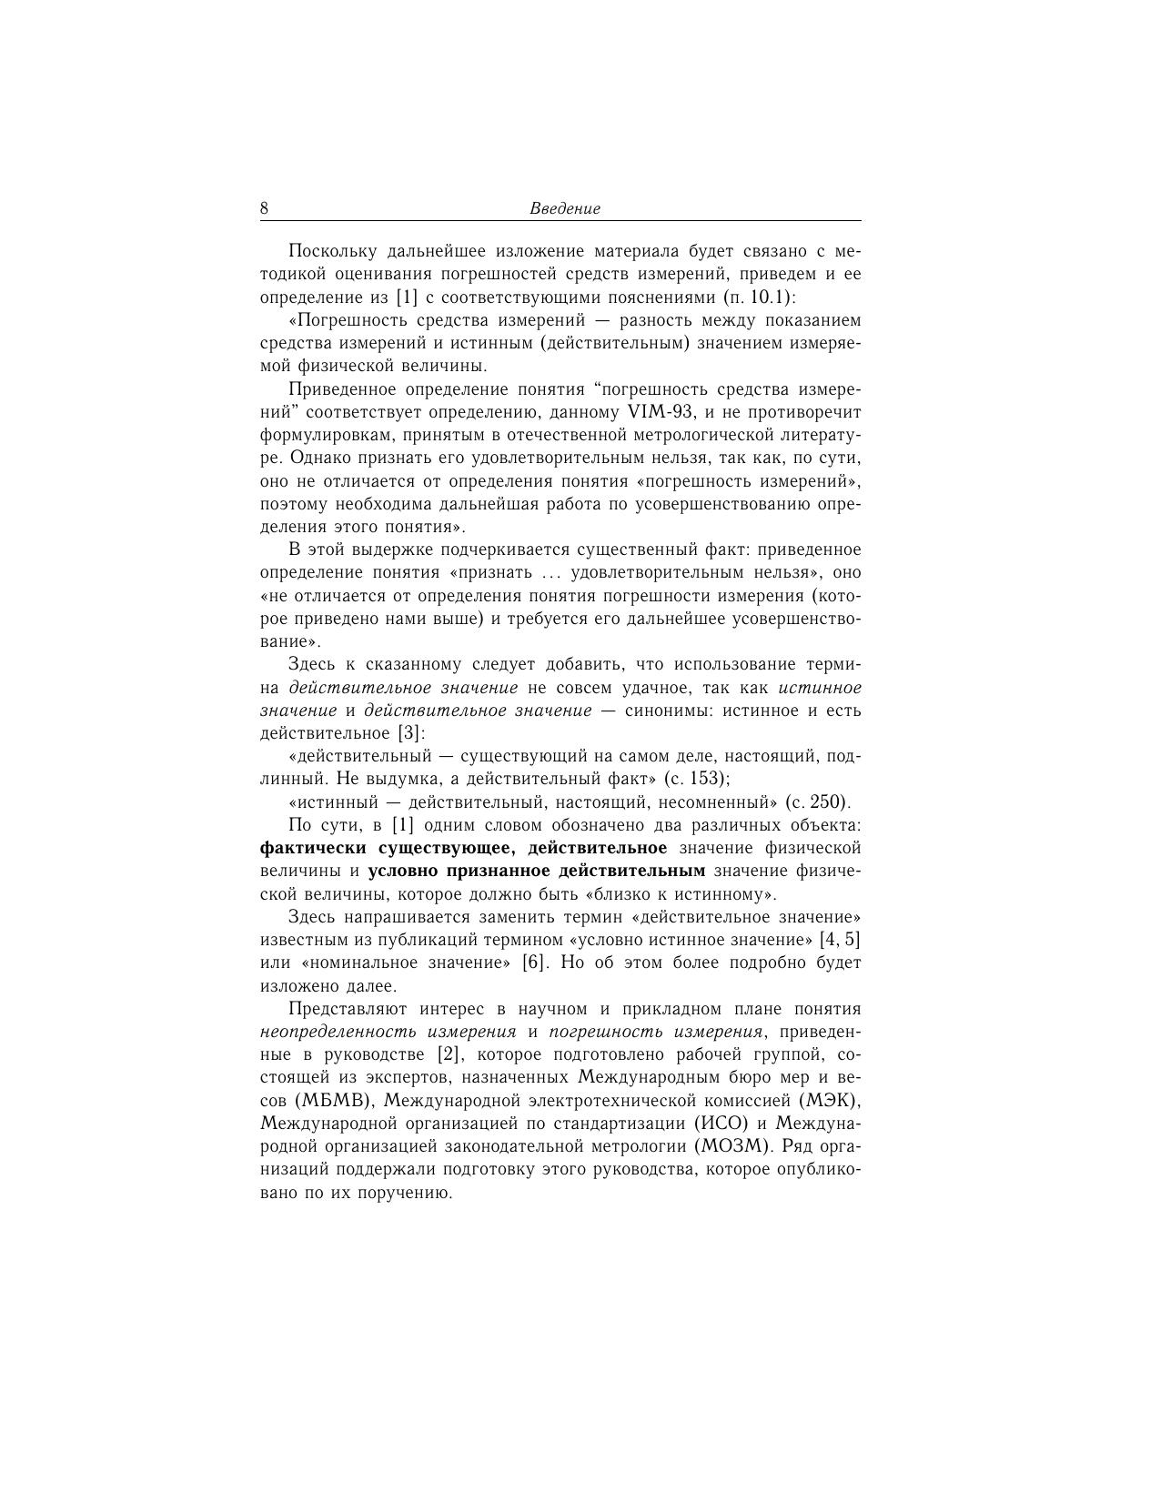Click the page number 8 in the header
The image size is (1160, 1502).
pos(264,208)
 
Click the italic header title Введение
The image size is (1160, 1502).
pos(565,208)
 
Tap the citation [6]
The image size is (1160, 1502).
pos(536,963)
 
